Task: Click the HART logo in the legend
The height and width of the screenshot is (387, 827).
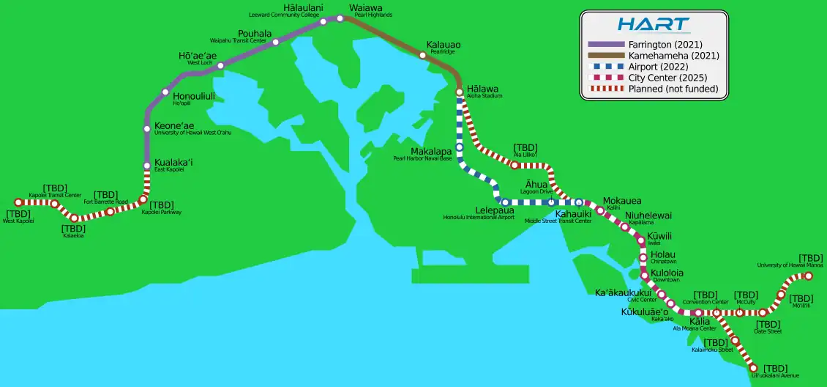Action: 654,24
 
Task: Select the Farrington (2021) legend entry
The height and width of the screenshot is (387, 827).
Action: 654,44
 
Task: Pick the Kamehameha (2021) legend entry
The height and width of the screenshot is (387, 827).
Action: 654,55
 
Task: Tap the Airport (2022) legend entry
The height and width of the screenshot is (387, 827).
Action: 654,67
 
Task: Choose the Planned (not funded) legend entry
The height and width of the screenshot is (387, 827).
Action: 654,89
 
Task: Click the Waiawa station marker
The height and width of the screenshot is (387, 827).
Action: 340,18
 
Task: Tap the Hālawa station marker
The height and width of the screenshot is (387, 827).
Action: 460,92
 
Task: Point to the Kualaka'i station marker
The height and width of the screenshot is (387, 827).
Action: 147,166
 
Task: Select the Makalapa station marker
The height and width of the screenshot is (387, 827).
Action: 460,147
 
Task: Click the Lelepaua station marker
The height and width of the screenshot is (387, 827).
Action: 505,202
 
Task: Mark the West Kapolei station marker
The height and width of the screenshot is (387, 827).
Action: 19,202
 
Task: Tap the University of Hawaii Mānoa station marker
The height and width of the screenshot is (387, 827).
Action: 809,276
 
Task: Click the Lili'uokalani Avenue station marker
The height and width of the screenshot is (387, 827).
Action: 755,367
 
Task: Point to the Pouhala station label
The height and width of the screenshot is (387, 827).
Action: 255,34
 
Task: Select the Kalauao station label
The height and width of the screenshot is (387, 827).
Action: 444,45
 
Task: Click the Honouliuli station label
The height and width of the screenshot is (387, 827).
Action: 194,95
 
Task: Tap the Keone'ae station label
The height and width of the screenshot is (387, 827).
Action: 174,126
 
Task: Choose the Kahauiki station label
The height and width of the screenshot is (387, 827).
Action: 573,214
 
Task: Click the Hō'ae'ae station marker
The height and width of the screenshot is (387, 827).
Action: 220,65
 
